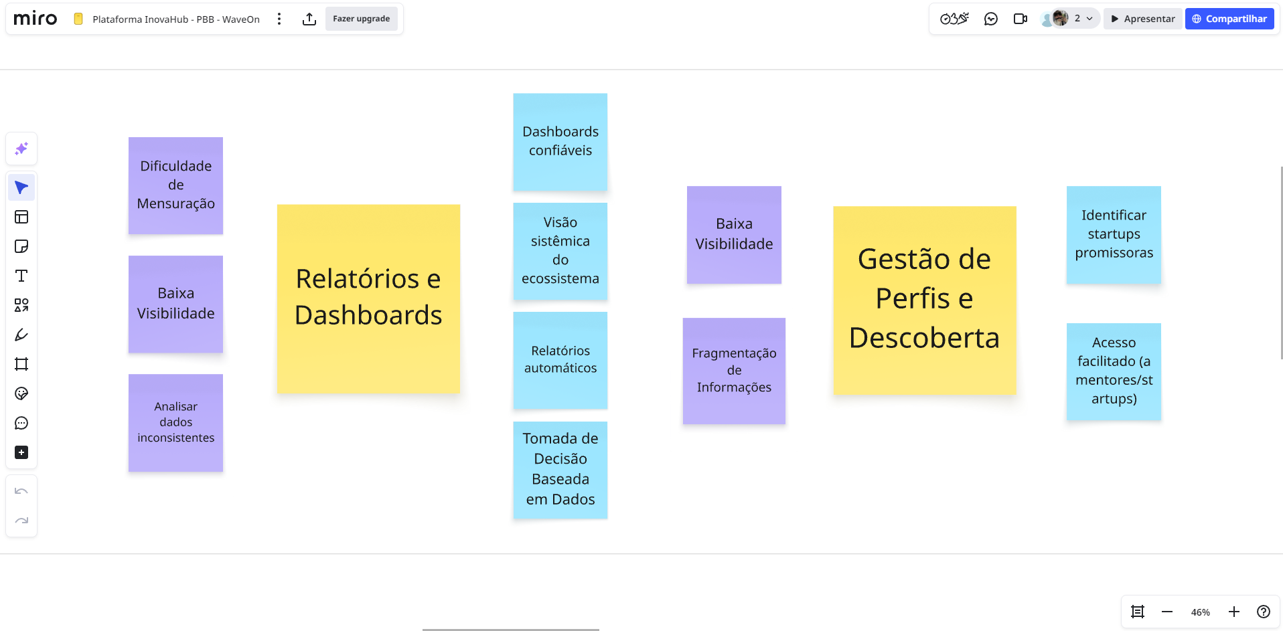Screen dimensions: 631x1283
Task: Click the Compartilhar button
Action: click(1229, 19)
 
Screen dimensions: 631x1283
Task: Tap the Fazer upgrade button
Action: click(361, 19)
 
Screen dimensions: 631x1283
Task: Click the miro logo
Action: click(35, 19)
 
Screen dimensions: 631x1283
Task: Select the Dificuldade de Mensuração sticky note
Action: click(175, 185)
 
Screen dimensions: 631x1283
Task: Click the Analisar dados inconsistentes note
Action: click(175, 422)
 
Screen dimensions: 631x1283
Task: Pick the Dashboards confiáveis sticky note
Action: click(560, 142)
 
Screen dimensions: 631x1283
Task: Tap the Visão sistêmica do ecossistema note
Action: click(560, 251)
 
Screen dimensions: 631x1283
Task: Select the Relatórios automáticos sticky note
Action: click(560, 360)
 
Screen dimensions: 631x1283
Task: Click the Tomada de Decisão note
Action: click(560, 469)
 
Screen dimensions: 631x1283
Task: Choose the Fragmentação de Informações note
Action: click(734, 370)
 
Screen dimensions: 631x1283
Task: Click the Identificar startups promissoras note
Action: click(1114, 234)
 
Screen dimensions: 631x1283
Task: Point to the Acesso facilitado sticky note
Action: click(1114, 371)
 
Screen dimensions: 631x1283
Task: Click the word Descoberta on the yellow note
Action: click(924, 338)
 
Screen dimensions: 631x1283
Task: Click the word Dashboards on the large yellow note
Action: click(368, 315)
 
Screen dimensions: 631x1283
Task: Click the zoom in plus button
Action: click(1233, 612)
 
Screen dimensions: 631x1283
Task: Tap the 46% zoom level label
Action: click(1200, 612)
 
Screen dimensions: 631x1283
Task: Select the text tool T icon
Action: click(21, 276)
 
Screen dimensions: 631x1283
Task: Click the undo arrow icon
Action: click(21, 491)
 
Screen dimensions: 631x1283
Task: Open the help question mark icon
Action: click(1263, 612)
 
